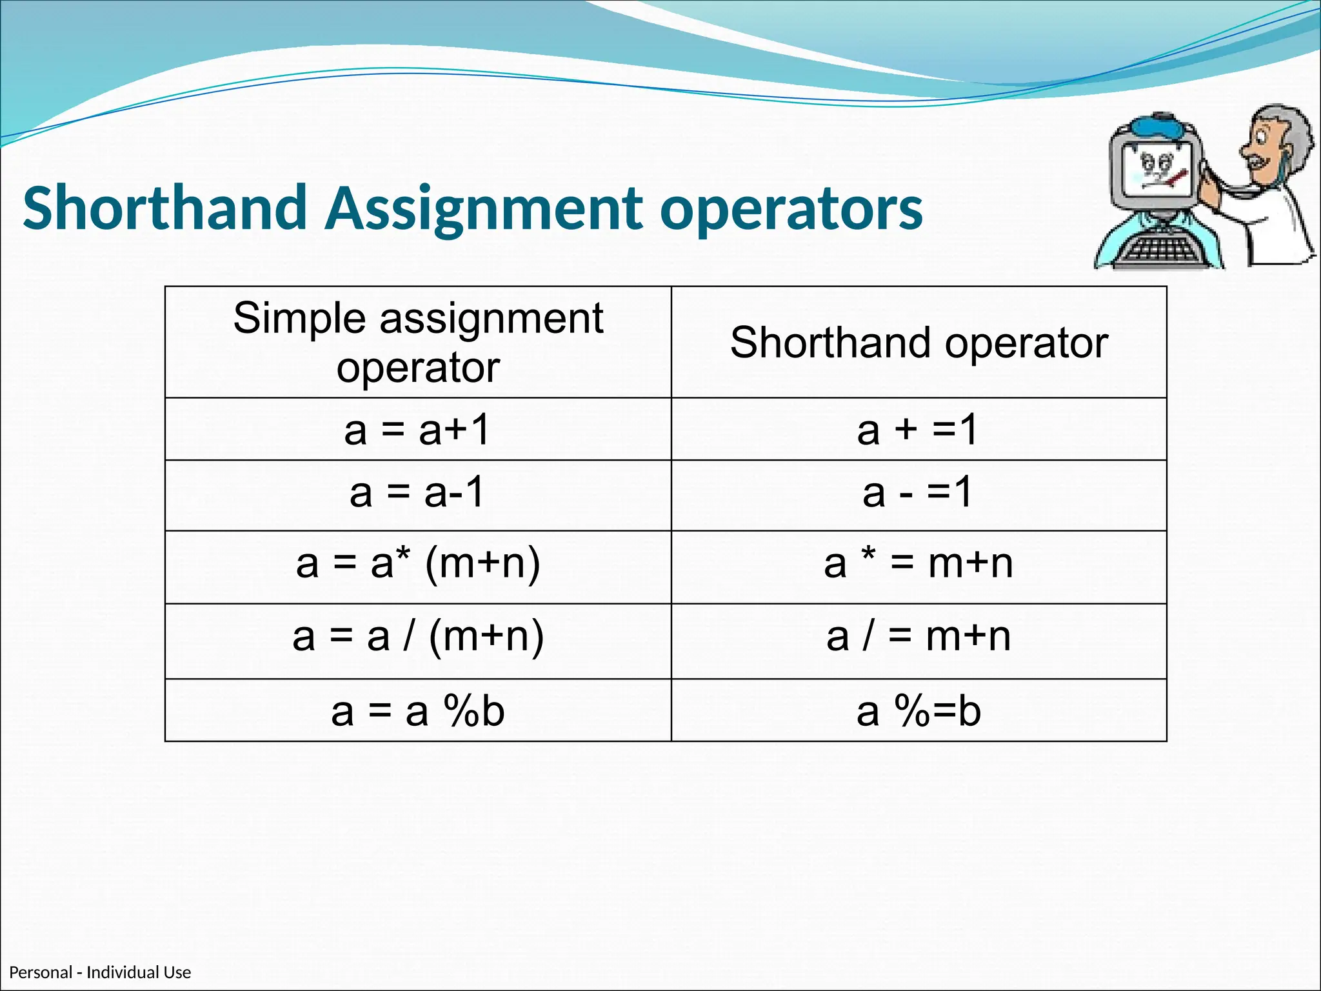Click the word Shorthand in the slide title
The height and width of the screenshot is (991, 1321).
click(x=164, y=208)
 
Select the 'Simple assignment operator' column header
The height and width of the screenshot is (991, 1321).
click(x=418, y=342)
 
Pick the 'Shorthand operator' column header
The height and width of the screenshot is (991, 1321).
click(x=919, y=342)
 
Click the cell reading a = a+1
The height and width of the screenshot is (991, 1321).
click(x=418, y=430)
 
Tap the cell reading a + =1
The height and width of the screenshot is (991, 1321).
click(x=919, y=430)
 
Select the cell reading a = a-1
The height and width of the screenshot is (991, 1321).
click(x=418, y=493)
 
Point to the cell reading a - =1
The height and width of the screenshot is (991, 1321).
click(x=919, y=493)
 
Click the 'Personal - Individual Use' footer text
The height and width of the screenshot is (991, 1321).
click(x=100, y=972)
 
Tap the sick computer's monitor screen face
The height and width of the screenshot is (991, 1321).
click(x=1158, y=171)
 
